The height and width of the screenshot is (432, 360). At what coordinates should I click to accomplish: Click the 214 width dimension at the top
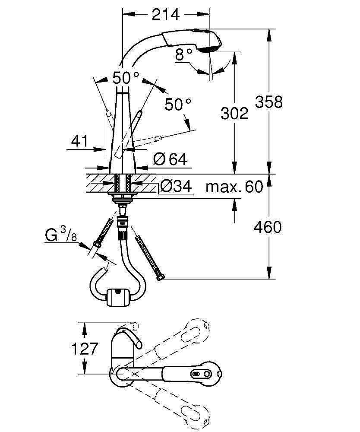[x=166, y=15]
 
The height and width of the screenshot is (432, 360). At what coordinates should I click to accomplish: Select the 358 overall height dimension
[x=268, y=102]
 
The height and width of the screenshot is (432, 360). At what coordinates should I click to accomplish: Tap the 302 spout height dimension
[x=234, y=113]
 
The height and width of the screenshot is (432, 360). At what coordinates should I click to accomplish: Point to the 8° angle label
[x=183, y=54]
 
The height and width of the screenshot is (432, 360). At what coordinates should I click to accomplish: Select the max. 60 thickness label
[x=234, y=187]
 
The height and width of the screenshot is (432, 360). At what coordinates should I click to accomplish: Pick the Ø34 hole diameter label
[x=176, y=187]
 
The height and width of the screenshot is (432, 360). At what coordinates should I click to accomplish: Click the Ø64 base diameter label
[x=170, y=159]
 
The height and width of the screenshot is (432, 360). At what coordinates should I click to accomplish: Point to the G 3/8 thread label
[x=61, y=236]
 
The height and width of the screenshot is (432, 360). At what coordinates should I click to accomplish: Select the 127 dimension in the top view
[x=85, y=348]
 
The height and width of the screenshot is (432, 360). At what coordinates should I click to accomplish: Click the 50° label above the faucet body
[x=126, y=78]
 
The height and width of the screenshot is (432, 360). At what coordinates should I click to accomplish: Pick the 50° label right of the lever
[x=178, y=104]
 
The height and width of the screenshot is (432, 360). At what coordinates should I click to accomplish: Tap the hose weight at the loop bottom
[x=117, y=297]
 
